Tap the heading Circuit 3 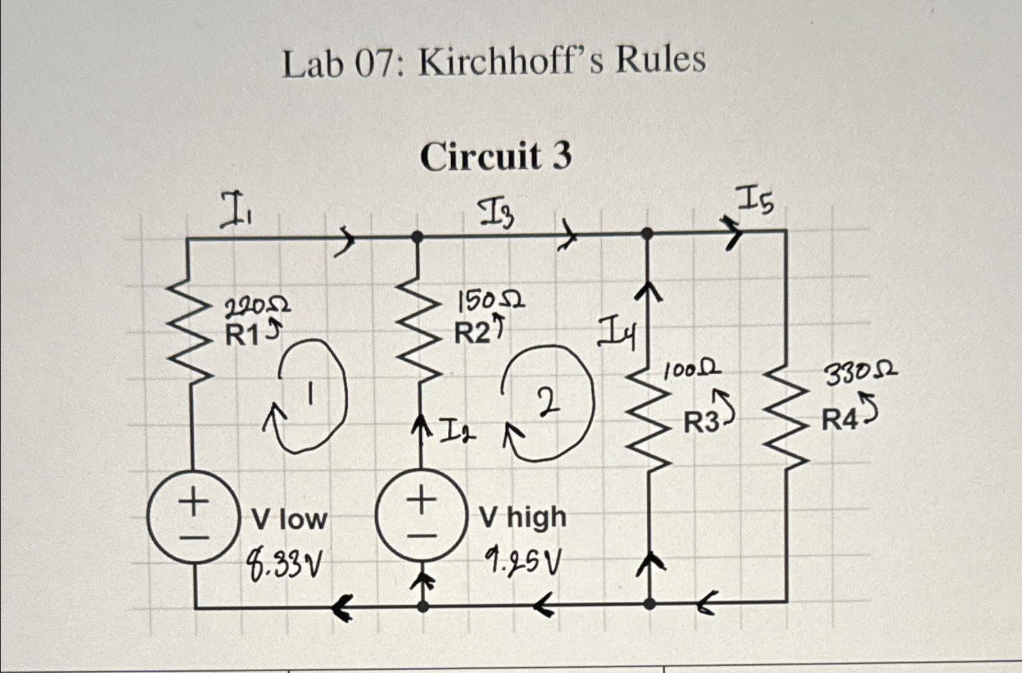(x=495, y=156)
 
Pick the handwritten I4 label (x=617, y=335)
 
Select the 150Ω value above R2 (x=490, y=300)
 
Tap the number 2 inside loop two (x=547, y=404)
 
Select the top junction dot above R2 (x=417, y=237)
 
